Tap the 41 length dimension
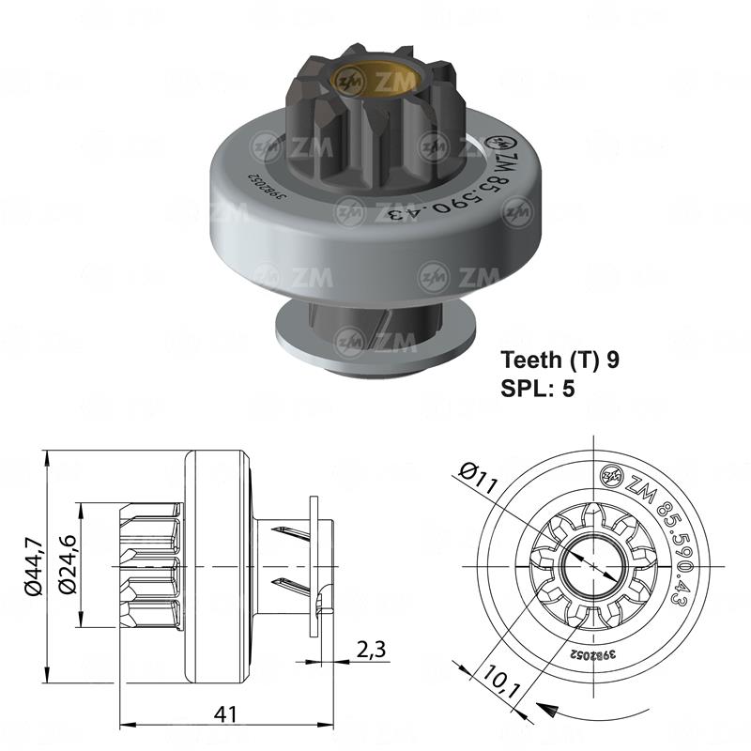click(226, 713)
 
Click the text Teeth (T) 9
click(559, 359)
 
